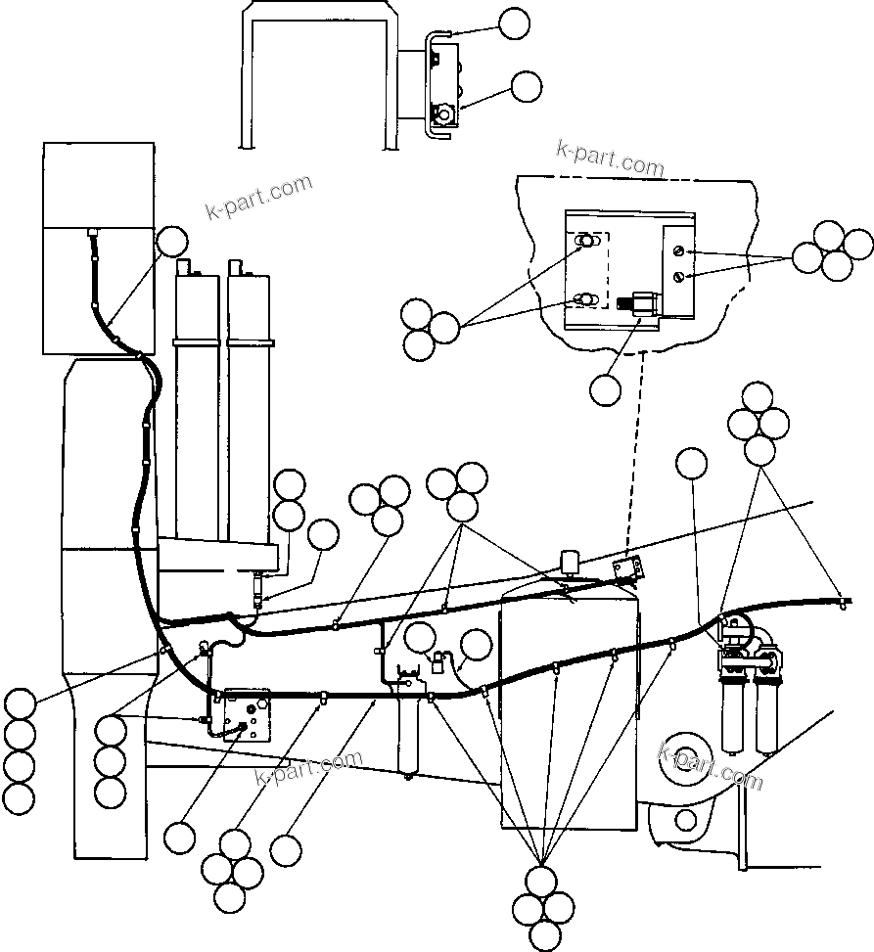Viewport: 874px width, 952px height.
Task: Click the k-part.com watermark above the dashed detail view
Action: (x=610, y=157)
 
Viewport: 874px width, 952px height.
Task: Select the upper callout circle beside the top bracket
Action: (x=514, y=23)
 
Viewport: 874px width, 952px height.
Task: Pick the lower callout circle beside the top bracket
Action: (x=527, y=86)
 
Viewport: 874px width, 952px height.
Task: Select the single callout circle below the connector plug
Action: (x=606, y=389)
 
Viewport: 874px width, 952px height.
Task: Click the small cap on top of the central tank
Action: (x=568, y=562)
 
